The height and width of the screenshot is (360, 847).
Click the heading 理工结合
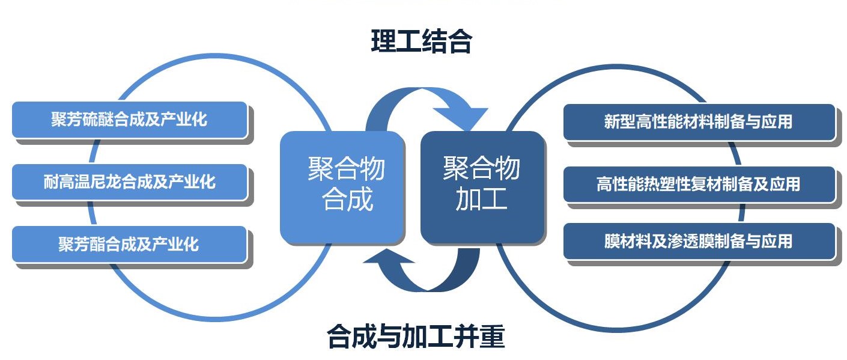[x=422, y=41]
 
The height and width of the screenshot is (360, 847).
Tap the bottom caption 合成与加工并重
[x=416, y=336]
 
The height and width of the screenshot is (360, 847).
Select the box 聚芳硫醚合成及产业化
[x=130, y=120]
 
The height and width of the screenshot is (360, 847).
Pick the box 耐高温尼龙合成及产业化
[x=130, y=182]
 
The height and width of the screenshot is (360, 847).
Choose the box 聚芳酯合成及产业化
[x=130, y=244]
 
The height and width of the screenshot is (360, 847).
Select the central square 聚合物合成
[x=342, y=188]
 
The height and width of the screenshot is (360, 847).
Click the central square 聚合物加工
[x=482, y=187]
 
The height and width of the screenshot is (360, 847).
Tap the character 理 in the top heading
[x=383, y=41]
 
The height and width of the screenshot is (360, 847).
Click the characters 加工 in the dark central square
[x=481, y=200]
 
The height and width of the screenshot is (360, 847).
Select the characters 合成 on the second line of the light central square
[x=348, y=200]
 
